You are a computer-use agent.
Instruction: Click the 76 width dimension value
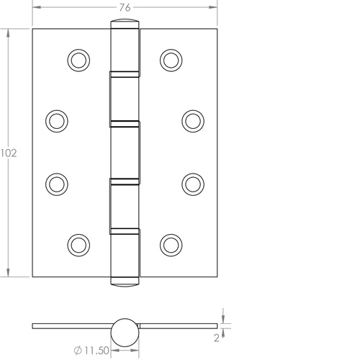124,7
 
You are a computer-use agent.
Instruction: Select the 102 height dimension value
8,153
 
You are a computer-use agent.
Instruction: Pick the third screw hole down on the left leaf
55,183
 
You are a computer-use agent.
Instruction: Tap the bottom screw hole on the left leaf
77,244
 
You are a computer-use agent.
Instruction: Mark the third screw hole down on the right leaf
192,183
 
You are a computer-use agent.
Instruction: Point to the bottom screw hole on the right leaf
170,244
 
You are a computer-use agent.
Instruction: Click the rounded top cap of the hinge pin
123,27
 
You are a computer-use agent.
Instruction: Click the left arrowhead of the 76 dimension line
33,7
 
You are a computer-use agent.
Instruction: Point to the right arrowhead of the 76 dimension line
215,7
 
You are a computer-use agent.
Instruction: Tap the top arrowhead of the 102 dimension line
8,32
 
